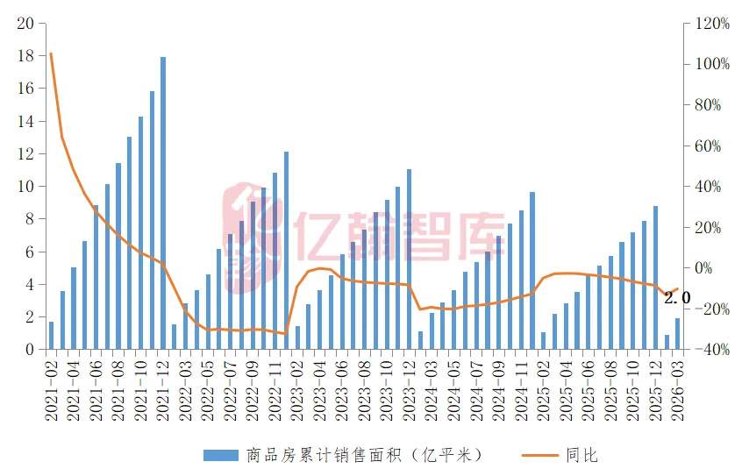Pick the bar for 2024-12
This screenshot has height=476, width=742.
click(532, 271)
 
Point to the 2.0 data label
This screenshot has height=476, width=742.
click(677, 298)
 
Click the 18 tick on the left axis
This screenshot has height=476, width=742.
click(26, 56)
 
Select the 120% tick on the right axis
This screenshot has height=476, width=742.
click(710, 24)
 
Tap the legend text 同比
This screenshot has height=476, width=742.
click(581, 455)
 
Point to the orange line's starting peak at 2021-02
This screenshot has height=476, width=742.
click(51, 53)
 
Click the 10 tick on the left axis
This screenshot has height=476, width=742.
click(26, 187)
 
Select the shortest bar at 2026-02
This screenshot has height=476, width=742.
click(667, 342)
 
